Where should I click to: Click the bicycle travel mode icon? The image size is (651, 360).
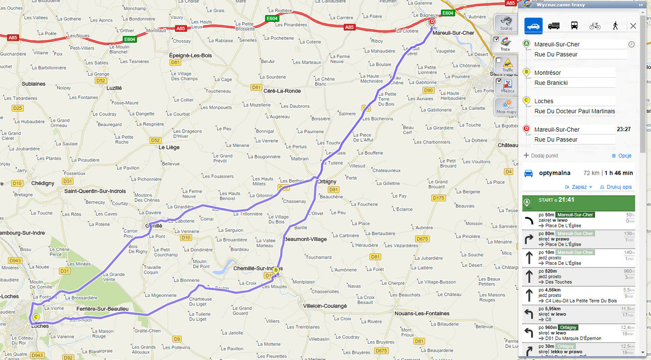pos(595,26)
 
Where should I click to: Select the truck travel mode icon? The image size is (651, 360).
pos(554,26)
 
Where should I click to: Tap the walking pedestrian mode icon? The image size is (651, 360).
pos(615,26)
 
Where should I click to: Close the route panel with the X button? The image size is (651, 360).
pos(633,26)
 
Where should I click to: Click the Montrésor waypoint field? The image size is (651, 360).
pos(574,73)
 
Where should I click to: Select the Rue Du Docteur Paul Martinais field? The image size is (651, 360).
pos(574,111)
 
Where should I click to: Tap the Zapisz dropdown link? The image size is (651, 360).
pos(579,187)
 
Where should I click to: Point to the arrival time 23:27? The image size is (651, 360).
pos(624,130)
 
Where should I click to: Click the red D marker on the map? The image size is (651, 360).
pos(432,22)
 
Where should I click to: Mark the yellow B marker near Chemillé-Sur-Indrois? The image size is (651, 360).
pos(276,270)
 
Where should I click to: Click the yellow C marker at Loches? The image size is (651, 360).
pos(36,317)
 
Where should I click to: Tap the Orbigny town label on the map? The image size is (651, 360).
pos(327,181)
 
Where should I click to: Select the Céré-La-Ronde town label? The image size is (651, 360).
pos(282,91)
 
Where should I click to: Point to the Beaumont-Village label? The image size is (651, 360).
pos(305,239)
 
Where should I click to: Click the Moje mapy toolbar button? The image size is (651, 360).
pos(507,107)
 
